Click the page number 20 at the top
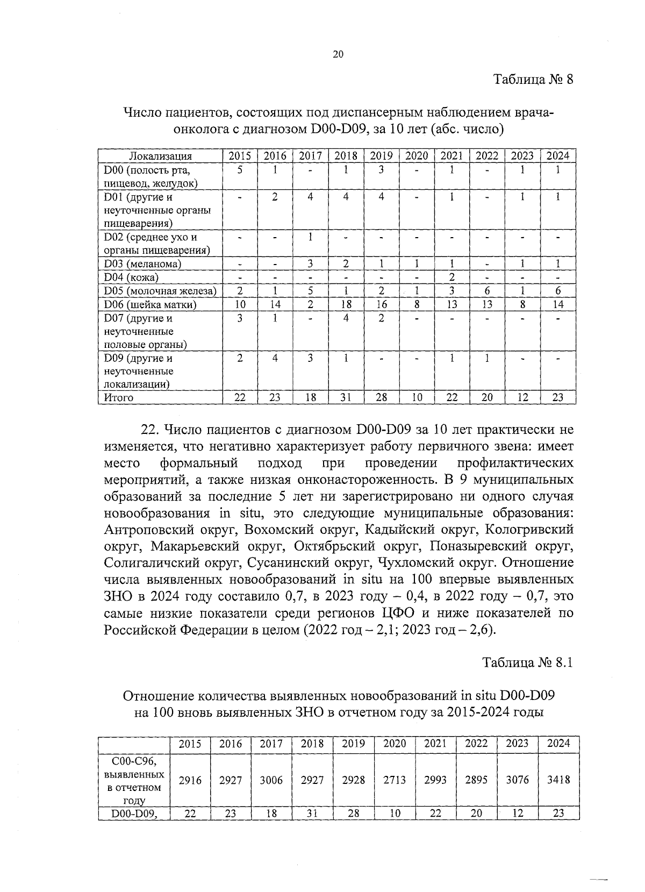pyautogui.click(x=338, y=54)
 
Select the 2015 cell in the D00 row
pyautogui.click(x=240, y=170)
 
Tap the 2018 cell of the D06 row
pyautogui.click(x=346, y=304)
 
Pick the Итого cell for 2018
pyautogui.click(x=346, y=398)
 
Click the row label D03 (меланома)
pyautogui.click(x=142, y=264)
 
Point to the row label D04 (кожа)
pyautogui.click(x=131, y=277)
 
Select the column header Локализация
pyautogui.click(x=160, y=156)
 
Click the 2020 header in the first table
pyautogui.click(x=417, y=156)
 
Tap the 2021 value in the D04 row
pyautogui.click(x=452, y=277)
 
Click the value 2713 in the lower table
pyautogui.click(x=395, y=780)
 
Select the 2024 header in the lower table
pyautogui.click(x=558, y=744)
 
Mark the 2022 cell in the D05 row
pyautogui.click(x=486, y=291)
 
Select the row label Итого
pyautogui.click(x=118, y=398)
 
